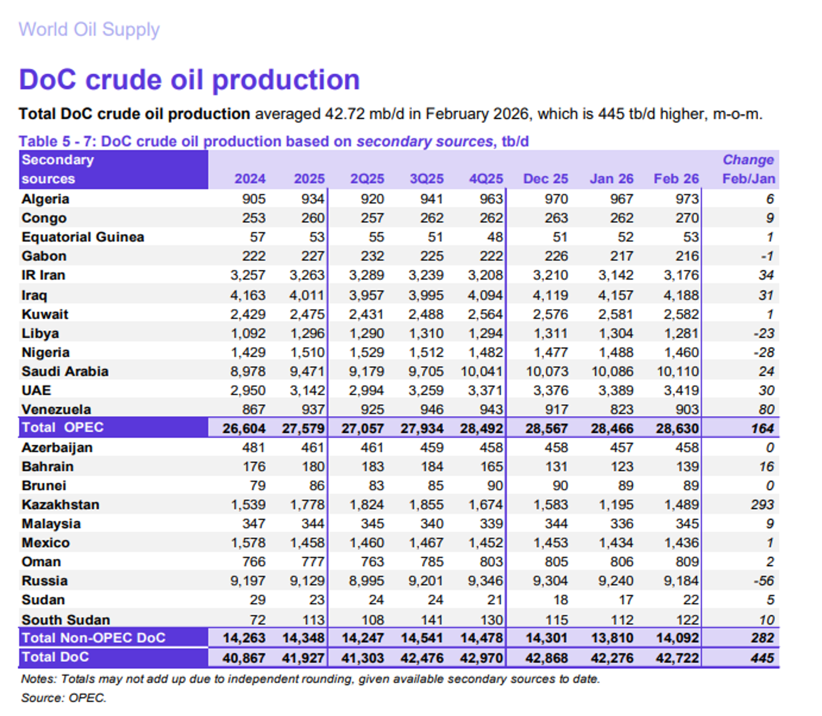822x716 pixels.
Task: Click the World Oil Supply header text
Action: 89,30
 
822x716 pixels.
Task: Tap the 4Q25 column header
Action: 485,179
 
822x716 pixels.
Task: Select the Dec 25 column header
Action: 545,179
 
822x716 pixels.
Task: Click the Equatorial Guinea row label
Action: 83,237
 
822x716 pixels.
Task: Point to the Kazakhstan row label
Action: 60,505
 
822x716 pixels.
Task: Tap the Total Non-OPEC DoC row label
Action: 94,638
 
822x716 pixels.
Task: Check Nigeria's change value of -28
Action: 764,352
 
